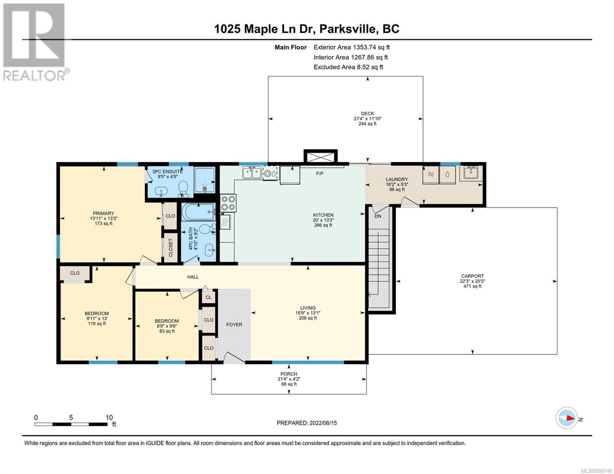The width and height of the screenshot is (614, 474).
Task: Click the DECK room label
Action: [x=367, y=118]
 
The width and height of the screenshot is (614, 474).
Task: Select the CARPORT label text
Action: [x=472, y=276]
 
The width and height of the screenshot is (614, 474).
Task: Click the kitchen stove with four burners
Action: [x=228, y=203]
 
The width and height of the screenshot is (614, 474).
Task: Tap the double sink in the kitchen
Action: [x=252, y=172]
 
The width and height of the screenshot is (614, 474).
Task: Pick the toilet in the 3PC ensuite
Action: [x=184, y=188]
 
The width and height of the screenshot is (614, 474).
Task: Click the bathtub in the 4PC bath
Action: [x=198, y=212]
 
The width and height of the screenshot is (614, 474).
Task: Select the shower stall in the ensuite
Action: [x=205, y=180]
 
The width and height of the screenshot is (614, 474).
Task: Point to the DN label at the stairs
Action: [x=378, y=216]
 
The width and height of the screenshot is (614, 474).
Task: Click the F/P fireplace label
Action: [x=319, y=173]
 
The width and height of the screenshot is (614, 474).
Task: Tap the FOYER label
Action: [x=234, y=325]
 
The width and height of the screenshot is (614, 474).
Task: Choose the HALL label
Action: [x=193, y=277]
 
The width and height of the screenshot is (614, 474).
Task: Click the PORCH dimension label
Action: [x=289, y=379]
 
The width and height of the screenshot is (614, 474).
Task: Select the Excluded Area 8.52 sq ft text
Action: [x=348, y=67]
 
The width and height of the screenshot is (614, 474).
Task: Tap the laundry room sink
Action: [x=469, y=173]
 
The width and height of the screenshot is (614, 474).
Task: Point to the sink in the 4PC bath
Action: [x=210, y=250]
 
